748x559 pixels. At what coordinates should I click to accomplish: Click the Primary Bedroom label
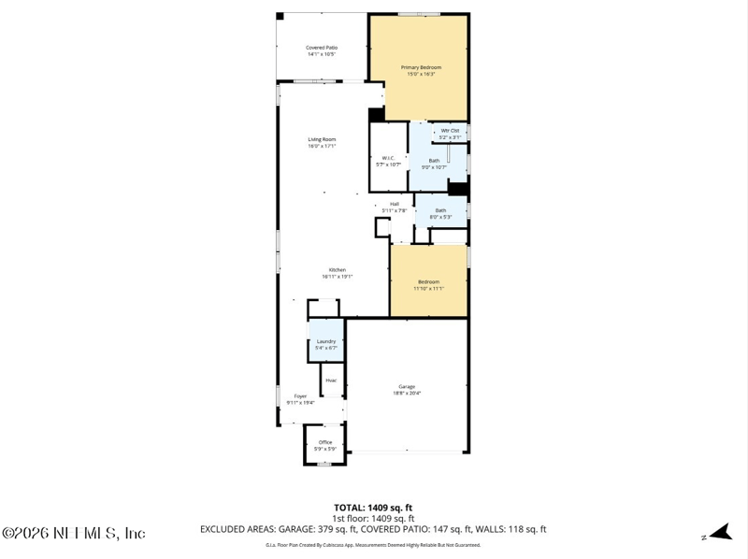[x=421, y=67]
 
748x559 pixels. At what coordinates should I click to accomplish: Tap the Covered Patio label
[x=322, y=48]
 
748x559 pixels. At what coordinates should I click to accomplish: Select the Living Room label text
[x=322, y=140]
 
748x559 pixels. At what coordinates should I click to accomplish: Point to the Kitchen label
[x=337, y=270]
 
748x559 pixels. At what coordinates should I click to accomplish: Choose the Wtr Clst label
[x=450, y=130]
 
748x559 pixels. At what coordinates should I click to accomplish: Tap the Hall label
[x=395, y=204]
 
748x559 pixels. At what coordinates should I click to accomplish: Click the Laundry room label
[x=325, y=341]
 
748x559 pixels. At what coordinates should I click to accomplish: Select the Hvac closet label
[x=331, y=380]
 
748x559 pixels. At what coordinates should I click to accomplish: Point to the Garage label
[x=407, y=386]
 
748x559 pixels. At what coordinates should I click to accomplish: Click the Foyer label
[x=300, y=396]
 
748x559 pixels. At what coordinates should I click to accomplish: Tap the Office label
[x=325, y=442]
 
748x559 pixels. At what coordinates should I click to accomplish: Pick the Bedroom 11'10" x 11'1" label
[x=428, y=282]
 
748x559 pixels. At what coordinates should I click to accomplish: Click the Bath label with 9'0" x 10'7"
[x=435, y=161]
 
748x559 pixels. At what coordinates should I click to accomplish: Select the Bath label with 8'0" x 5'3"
[x=440, y=210]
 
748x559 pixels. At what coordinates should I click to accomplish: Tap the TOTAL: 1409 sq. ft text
[x=373, y=508]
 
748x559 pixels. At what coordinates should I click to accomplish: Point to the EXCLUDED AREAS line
[x=373, y=529]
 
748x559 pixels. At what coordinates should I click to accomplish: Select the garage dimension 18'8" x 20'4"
[x=407, y=393]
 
